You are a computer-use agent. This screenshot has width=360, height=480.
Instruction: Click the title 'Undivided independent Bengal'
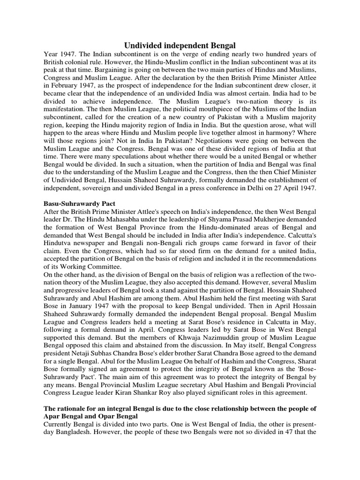click(x=180, y=45)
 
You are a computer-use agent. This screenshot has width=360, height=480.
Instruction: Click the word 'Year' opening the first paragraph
click(x=52, y=54)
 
